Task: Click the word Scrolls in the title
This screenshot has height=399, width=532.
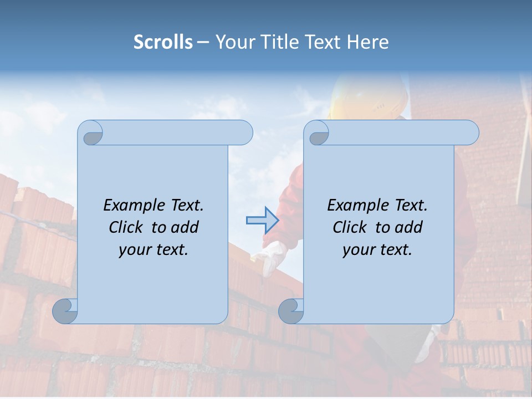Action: point(163,42)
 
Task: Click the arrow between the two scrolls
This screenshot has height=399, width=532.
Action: point(262,221)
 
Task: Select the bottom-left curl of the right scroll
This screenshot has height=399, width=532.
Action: point(291,311)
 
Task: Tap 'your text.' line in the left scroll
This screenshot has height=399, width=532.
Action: point(154,249)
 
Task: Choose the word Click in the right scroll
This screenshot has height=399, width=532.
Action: point(351,227)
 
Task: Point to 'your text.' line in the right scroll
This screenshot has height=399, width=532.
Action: point(377,249)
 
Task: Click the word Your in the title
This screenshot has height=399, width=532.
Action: point(234,42)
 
